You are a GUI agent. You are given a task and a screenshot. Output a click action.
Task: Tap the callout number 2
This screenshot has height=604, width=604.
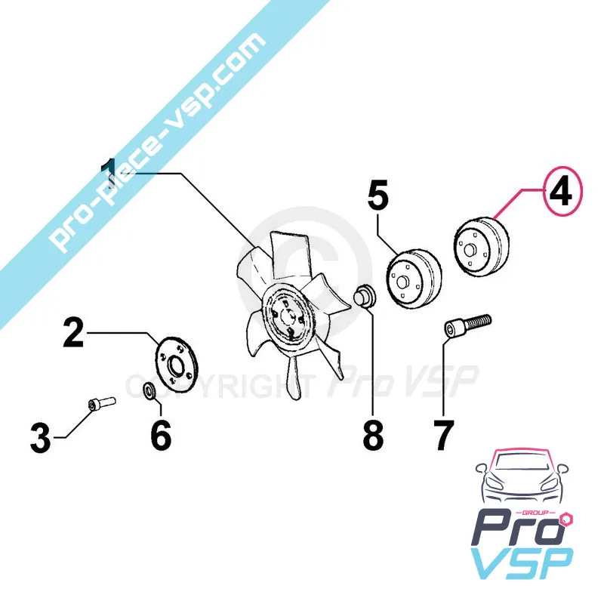pyautogui.click(x=73, y=332)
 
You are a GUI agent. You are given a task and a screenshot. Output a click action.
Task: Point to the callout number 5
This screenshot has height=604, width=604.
pyautogui.click(x=378, y=196)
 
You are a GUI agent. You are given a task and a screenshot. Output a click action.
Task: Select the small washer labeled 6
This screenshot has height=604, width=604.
pyautogui.click(x=150, y=390)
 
